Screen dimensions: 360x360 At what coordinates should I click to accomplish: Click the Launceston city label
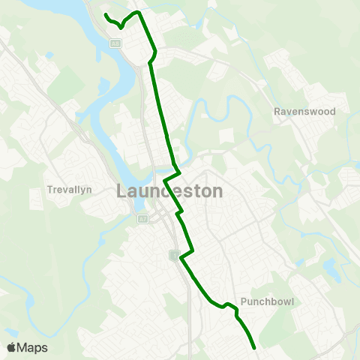pos(170,191)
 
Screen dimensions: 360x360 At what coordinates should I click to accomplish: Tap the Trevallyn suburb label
pos(69,190)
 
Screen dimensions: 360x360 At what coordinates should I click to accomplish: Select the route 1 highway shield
pos(175,256)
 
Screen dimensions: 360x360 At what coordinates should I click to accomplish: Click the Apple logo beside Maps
pos(11,347)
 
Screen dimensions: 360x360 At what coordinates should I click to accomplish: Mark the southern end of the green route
pos(255,348)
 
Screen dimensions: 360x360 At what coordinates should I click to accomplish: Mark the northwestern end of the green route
pos(105,15)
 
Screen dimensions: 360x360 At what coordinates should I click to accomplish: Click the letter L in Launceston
pos(122,191)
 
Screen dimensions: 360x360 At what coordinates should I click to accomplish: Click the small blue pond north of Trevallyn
pos(49,55)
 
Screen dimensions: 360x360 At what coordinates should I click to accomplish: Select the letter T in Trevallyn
pos(49,190)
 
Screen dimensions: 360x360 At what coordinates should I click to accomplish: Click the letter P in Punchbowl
pos(244,303)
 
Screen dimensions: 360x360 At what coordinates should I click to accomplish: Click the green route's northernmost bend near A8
pos(137,13)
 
